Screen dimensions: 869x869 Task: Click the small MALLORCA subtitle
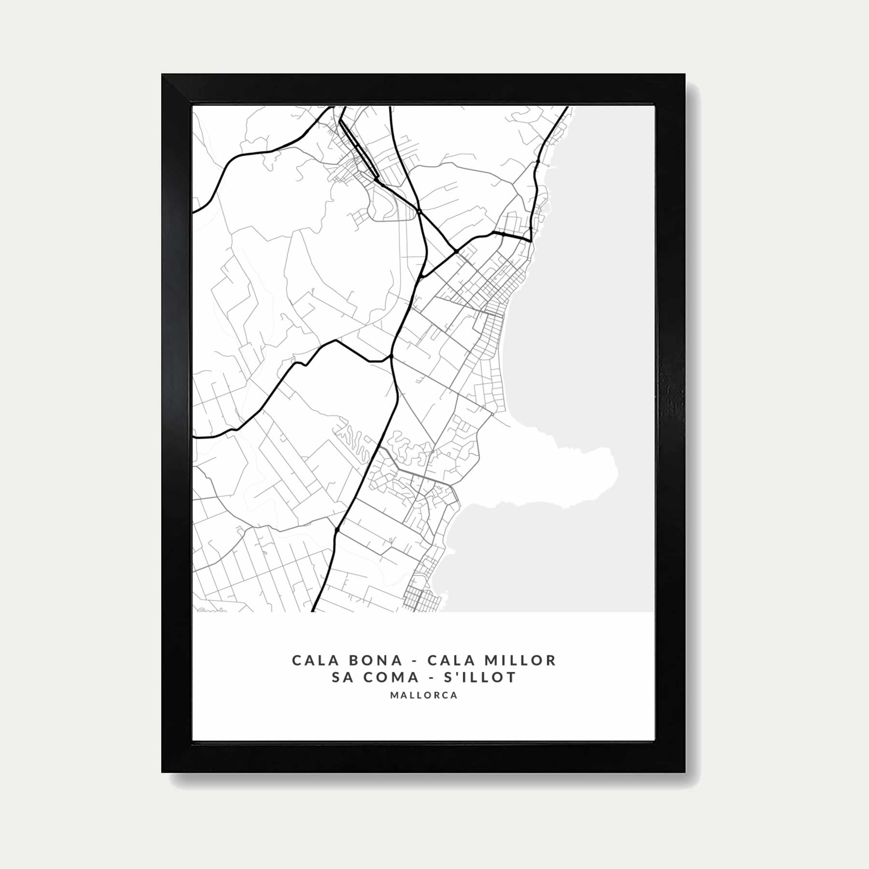423,696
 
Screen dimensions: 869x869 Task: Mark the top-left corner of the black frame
162,74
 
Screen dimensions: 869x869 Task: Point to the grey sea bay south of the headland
541,555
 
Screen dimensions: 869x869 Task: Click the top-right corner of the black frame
685,74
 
